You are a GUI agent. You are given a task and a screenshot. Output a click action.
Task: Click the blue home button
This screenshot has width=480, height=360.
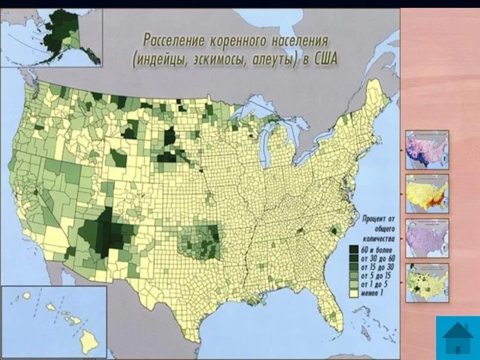click(x=458, y=338)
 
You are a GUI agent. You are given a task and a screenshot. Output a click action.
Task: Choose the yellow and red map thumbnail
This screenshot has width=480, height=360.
click(x=427, y=194)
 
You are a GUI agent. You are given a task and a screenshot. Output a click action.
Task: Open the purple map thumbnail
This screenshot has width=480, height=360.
click(x=427, y=238)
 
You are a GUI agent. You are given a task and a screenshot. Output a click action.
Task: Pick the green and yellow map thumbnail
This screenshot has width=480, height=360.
click(x=427, y=283)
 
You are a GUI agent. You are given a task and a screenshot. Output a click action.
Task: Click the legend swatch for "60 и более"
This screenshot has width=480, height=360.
click(x=354, y=247)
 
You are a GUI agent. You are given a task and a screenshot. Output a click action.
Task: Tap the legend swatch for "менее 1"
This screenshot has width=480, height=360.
click(x=354, y=294)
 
